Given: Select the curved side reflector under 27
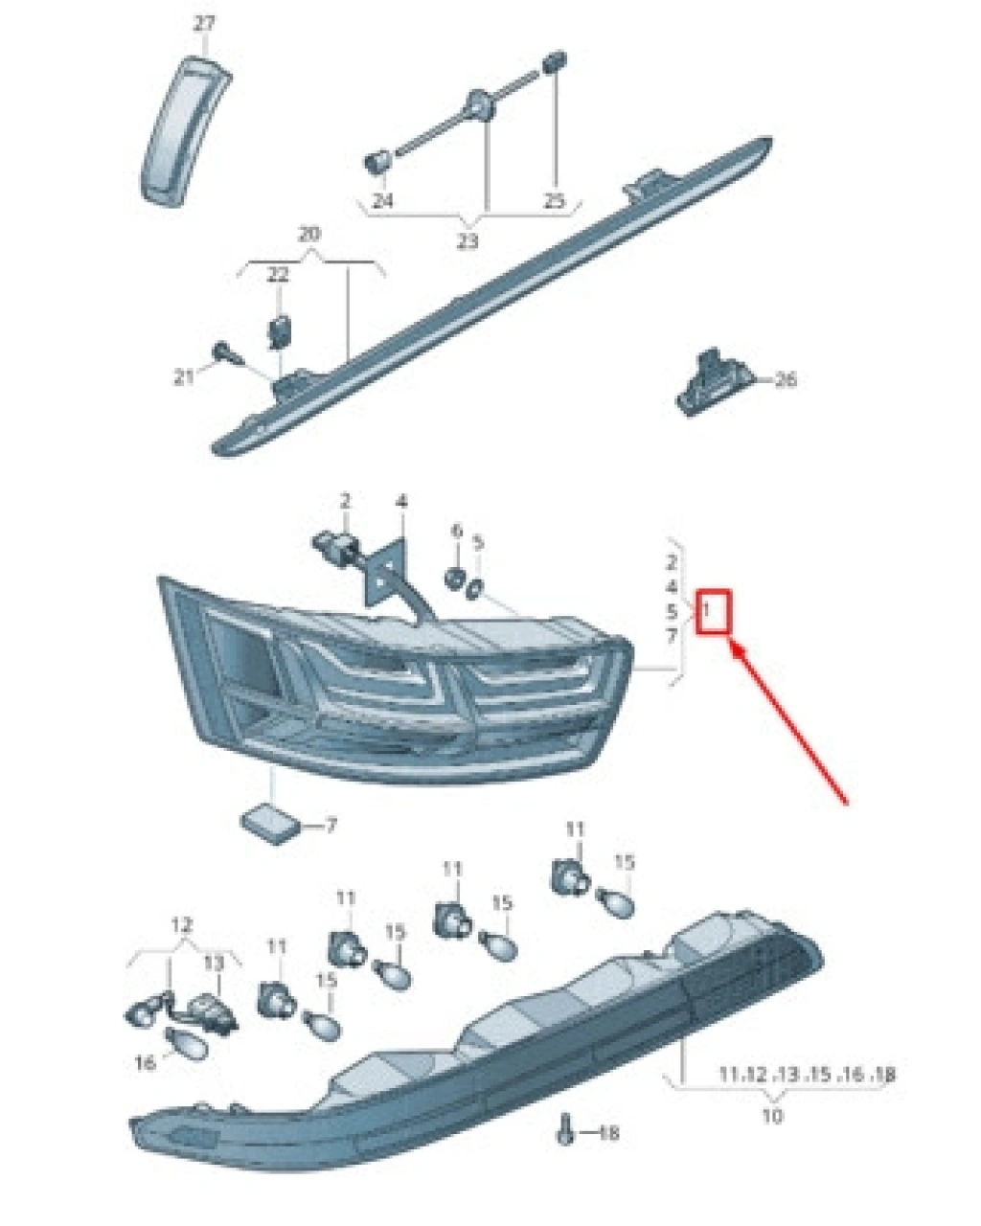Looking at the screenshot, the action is [184, 132].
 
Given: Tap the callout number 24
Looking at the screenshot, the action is [382, 200].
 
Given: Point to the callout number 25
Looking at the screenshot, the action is [554, 200].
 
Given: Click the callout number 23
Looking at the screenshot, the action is [468, 242].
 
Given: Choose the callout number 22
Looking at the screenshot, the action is [278, 275].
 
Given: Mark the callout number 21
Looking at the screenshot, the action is [183, 377].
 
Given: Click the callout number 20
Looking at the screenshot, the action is [309, 234].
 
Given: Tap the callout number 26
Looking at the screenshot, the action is [785, 379].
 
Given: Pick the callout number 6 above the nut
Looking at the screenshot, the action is [456, 531].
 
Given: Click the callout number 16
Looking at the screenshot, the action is [145, 1062].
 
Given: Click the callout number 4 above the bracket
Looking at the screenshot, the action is [401, 501].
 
